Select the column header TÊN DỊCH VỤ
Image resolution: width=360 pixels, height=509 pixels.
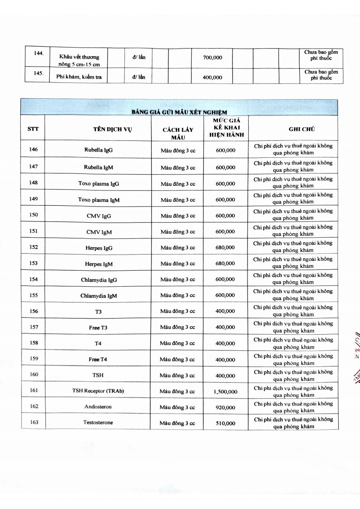click(x=112, y=129)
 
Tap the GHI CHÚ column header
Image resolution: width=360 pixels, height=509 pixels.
click(x=301, y=129)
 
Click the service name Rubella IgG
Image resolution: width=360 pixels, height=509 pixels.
click(x=98, y=150)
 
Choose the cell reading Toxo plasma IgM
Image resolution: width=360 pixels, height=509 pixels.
click(x=98, y=199)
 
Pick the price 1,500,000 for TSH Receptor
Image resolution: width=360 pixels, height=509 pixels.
click(x=225, y=392)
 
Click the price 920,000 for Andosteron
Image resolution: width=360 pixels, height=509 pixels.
click(x=225, y=407)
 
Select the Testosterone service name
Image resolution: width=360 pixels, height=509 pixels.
click(x=98, y=422)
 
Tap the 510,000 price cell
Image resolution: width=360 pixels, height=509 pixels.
click(x=225, y=423)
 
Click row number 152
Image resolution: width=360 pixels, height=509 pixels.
click(x=34, y=247)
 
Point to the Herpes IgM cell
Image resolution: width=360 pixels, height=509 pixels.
click(x=98, y=264)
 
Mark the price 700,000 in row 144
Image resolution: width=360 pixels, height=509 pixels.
click(x=213, y=58)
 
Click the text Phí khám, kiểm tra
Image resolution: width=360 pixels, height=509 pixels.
click(x=79, y=77)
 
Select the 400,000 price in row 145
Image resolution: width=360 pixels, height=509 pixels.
click(x=213, y=78)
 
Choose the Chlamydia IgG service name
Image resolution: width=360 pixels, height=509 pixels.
click(x=98, y=280)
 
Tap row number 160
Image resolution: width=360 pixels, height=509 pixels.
click(x=34, y=374)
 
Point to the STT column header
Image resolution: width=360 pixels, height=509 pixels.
click(x=33, y=129)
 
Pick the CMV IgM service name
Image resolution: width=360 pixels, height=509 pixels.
click(x=99, y=232)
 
